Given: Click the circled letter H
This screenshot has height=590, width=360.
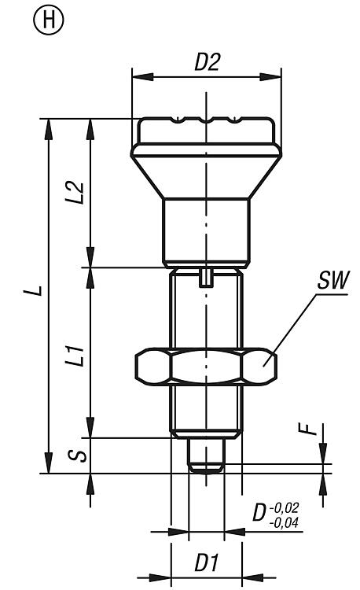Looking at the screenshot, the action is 49,20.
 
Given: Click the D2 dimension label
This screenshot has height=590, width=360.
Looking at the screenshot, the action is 207,61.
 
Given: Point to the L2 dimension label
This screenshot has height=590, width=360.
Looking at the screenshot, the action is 75,193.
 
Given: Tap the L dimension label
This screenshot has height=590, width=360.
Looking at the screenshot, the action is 37,290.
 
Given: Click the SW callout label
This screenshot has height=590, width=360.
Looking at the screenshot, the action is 333,280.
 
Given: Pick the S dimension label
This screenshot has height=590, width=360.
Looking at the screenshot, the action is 77,455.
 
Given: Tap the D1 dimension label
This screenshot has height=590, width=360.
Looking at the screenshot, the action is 206,563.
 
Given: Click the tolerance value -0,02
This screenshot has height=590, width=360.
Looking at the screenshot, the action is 284,507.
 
